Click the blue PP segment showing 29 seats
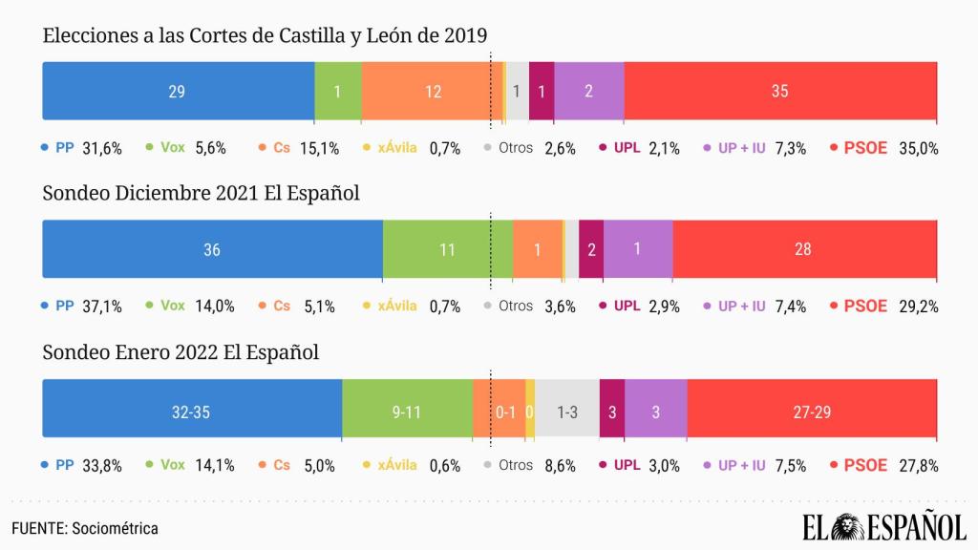(179, 92)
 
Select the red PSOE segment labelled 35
(780, 92)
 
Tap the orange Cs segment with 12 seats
(433, 92)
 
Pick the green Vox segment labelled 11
(447, 249)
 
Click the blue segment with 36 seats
(212, 249)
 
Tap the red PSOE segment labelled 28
(804, 249)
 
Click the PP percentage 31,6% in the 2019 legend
(103, 148)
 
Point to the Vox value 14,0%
(215, 307)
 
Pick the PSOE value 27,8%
(919, 466)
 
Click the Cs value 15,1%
(322, 148)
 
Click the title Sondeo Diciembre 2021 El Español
(201, 194)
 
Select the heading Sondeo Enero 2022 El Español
(181, 352)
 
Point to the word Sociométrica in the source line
(116, 528)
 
